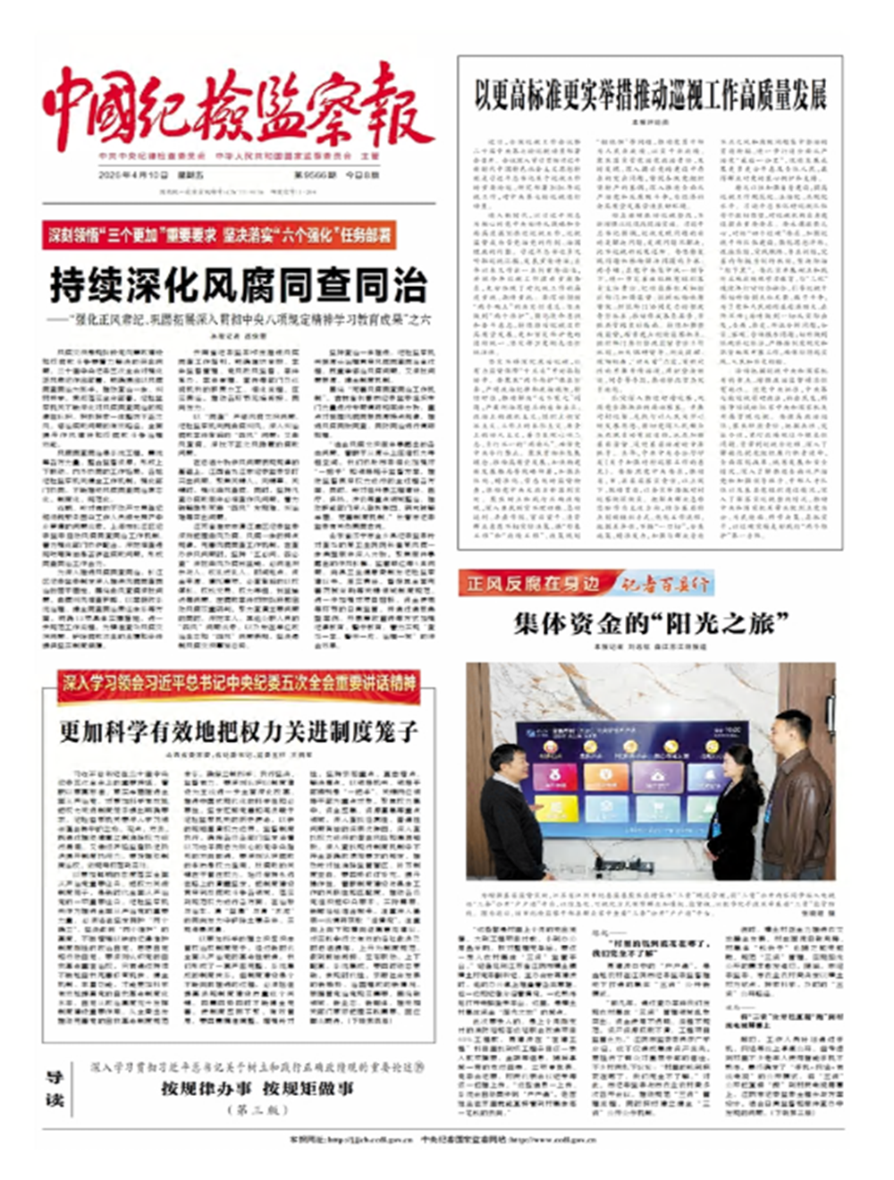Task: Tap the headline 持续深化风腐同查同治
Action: (x=238, y=286)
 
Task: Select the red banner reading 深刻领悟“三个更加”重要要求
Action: (x=219, y=235)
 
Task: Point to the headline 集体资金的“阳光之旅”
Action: (x=652, y=622)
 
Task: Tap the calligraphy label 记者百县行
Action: (x=666, y=584)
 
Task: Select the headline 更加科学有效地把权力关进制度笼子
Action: (x=239, y=731)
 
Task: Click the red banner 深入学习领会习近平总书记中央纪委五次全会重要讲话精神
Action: (x=239, y=684)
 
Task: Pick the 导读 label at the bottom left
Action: (x=55, y=1089)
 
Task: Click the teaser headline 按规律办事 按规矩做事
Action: (x=257, y=1088)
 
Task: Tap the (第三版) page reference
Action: (x=257, y=1109)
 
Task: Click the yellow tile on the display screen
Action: (x=555, y=810)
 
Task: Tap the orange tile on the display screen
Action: (x=607, y=776)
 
